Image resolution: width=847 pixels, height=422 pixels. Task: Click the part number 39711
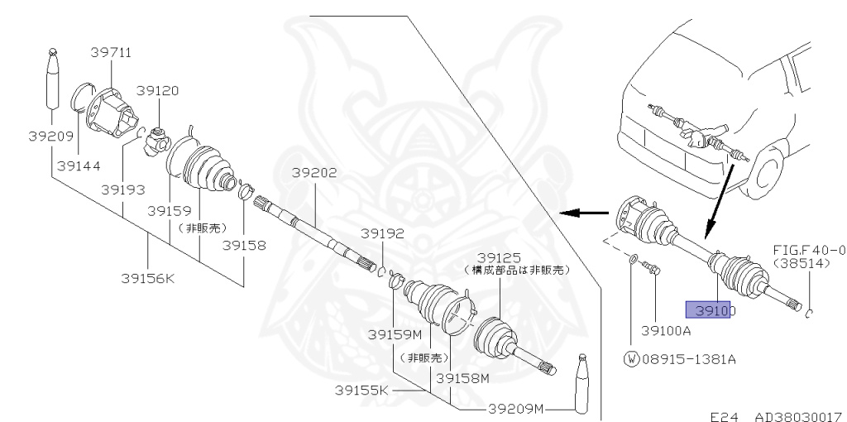click(x=111, y=53)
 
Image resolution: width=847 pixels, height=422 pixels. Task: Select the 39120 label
click(x=157, y=90)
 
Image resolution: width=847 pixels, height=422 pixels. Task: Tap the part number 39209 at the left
click(x=50, y=136)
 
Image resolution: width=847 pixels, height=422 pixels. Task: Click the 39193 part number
click(x=123, y=189)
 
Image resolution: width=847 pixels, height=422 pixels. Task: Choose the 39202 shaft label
click(x=314, y=173)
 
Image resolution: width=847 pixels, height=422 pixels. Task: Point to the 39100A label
click(x=666, y=330)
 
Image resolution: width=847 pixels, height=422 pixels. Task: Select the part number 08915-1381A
click(x=689, y=359)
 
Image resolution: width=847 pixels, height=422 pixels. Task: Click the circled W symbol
click(x=631, y=359)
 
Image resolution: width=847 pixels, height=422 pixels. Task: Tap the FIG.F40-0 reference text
click(x=809, y=250)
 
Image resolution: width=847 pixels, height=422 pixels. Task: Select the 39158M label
click(x=463, y=378)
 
